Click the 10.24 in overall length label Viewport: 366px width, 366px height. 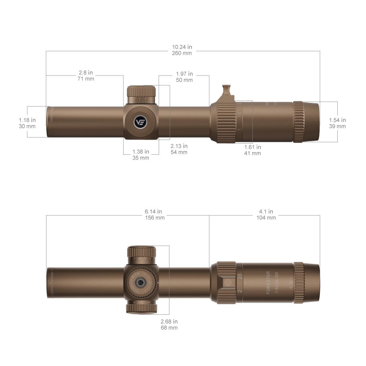coord(182,50)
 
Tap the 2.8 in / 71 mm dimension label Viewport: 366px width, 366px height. coord(86,76)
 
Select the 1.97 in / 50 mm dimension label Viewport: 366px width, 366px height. coord(184,77)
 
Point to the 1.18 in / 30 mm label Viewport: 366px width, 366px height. coord(27,123)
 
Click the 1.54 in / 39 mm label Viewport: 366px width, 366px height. coord(337,123)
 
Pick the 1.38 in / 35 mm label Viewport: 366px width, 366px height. coord(141,155)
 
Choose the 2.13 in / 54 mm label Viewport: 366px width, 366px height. coord(179,149)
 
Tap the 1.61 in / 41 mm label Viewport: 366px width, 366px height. coord(253,150)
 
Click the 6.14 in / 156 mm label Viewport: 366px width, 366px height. coord(153,214)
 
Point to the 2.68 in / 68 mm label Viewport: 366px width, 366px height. coord(169,325)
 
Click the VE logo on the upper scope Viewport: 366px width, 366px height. coord(141,122)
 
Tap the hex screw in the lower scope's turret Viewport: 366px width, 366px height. coord(141,283)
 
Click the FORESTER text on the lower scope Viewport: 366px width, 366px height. coord(268,282)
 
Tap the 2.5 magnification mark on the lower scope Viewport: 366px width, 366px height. coord(240,277)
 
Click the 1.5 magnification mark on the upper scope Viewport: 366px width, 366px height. coord(240,115)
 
